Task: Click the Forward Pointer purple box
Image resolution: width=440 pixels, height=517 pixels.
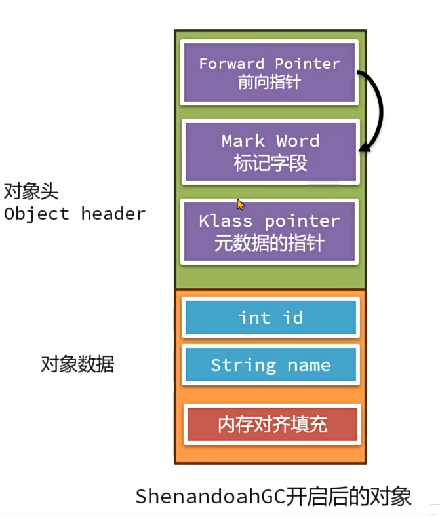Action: pyautogui.click(x=270, y=72)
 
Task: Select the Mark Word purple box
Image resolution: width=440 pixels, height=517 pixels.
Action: pyautogui.click(x=270, y=151)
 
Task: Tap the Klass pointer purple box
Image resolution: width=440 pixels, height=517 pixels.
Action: pyautogui.click(x=270, y=231)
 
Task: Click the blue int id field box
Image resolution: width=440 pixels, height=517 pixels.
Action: pyautogui.click(x=270, y=318)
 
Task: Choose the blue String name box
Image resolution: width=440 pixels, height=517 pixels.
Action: pyautogui.click(x=270, y=365)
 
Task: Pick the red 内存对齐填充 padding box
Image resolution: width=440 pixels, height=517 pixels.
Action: pyautogui.click(x=272, y=425)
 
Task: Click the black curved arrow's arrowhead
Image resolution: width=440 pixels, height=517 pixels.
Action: pyautogui.click(x=363, y=149)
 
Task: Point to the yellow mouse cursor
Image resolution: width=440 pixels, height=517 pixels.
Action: pyautogui.click(x=241, y=204)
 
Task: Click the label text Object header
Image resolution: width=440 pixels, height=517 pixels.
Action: pyautogui.click(x=74, y=214)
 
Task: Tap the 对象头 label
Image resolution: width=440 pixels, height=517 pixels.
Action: pyautogui.click(x=31, y=191)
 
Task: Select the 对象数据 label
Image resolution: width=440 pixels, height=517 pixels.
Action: pyautogui.click(x=77, y=364)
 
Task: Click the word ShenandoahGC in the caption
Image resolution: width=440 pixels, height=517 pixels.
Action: pyautogui.click(x=209, y=496)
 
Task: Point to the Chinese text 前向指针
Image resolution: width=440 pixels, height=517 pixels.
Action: pyautogui.click(x=270, y=83)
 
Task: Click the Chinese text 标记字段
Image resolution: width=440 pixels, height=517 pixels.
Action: pyautogui.click(x=270, y=163)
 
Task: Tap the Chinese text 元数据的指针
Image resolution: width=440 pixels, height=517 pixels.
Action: pyautogui.click(x=270, y=243)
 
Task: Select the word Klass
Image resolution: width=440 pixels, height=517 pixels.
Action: pyautogui.click(x=224, y=221)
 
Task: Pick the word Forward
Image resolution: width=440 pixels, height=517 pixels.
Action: pyautogui.click(x=231, y=64)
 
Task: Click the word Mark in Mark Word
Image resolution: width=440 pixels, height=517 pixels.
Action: pyautogui.click(x=242, y=141)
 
